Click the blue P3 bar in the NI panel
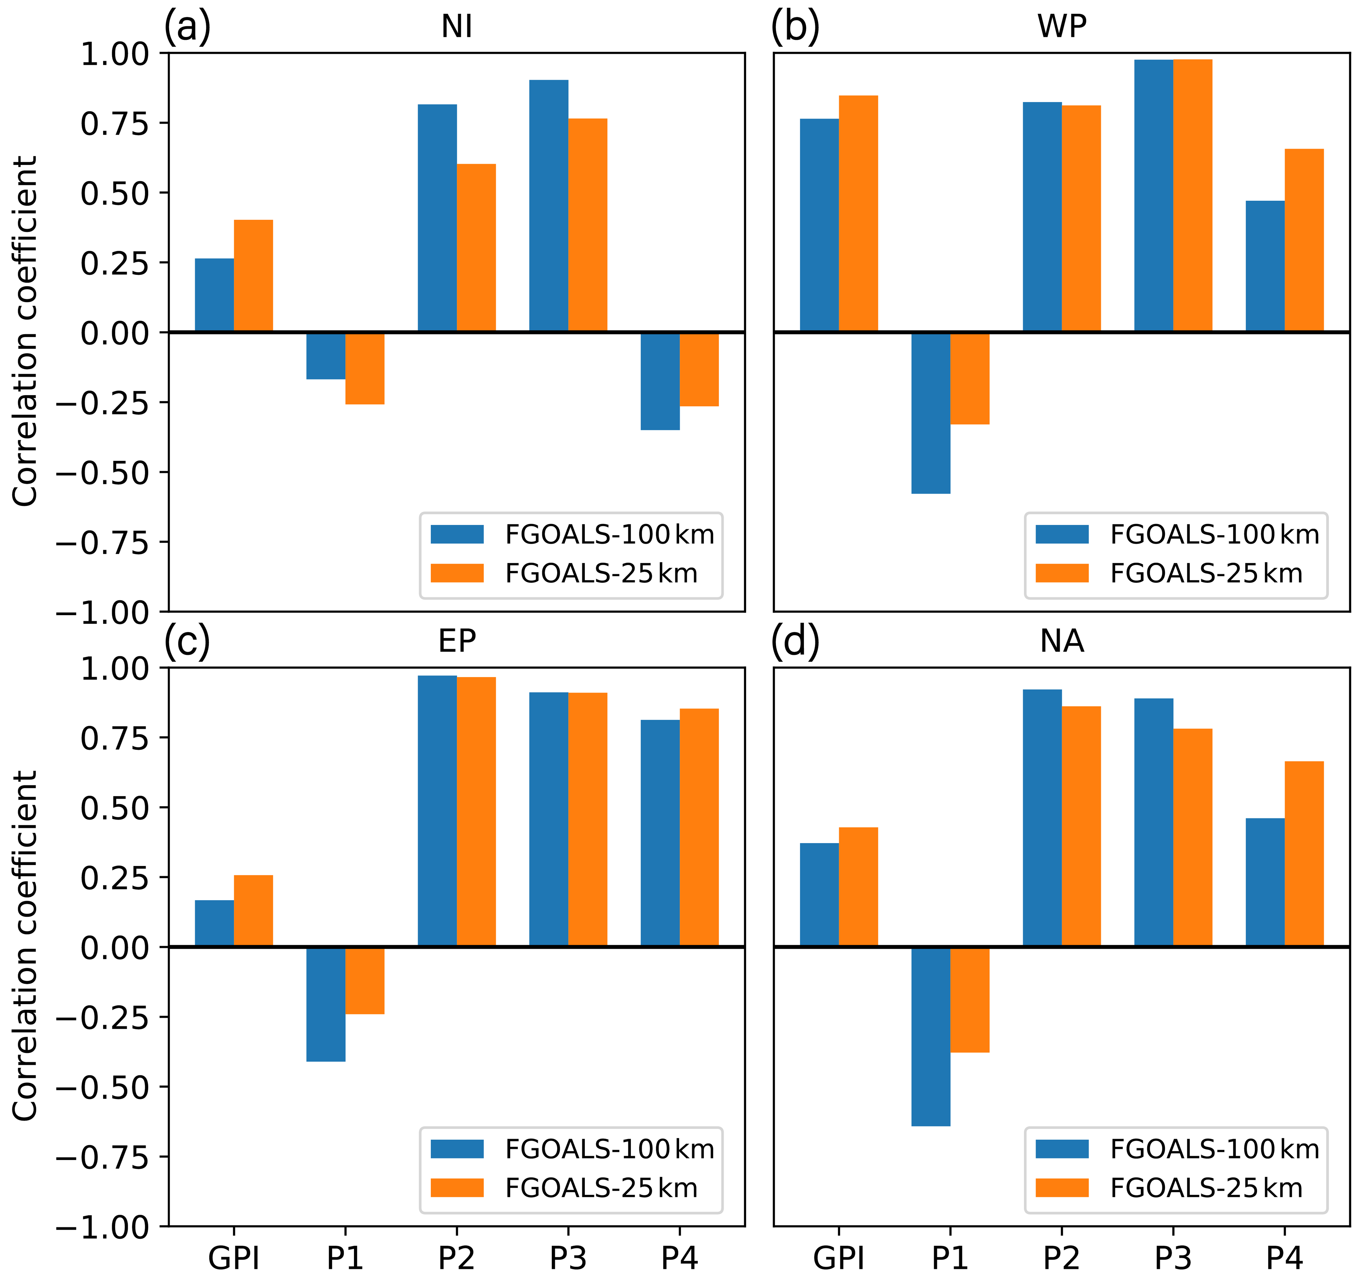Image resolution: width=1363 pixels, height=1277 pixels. click(x=548, y=205)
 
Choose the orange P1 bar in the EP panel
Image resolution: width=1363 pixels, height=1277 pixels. click(x=365, y=980)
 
